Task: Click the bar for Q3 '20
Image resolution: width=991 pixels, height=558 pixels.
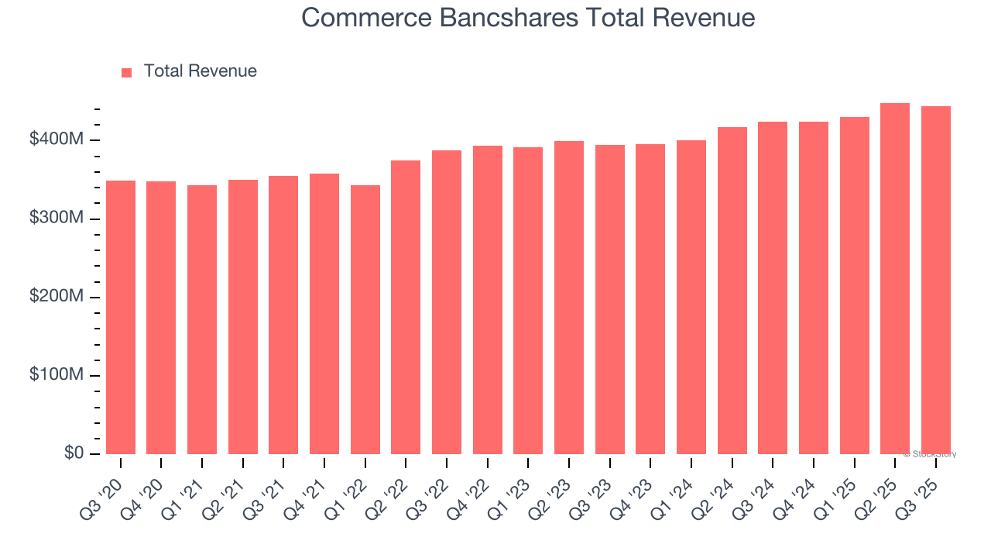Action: (x=121, y=318)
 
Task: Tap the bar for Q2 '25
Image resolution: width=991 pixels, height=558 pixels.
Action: (x=895, y=279)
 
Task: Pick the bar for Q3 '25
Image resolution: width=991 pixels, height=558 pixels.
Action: (x=936, y=281)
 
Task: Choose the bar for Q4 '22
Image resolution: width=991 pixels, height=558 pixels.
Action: (x=488, y=300)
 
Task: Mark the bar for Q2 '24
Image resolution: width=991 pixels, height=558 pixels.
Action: (x=732, y=291)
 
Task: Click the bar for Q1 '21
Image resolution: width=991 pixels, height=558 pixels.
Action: (x=202, y=320)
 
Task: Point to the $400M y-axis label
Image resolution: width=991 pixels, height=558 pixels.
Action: (x=57, y=140)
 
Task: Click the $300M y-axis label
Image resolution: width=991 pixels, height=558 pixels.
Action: (x=57, y=219)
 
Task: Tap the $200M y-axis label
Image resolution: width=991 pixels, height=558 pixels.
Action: (x=57, y=297)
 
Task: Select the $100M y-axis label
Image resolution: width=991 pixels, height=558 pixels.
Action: (x=57, y=375)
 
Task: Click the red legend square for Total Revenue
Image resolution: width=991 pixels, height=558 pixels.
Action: (x=127, y=72)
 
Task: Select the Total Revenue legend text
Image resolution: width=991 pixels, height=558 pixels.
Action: (x=200, y=71)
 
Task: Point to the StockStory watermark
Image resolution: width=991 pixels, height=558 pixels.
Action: (x=930, y=454)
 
